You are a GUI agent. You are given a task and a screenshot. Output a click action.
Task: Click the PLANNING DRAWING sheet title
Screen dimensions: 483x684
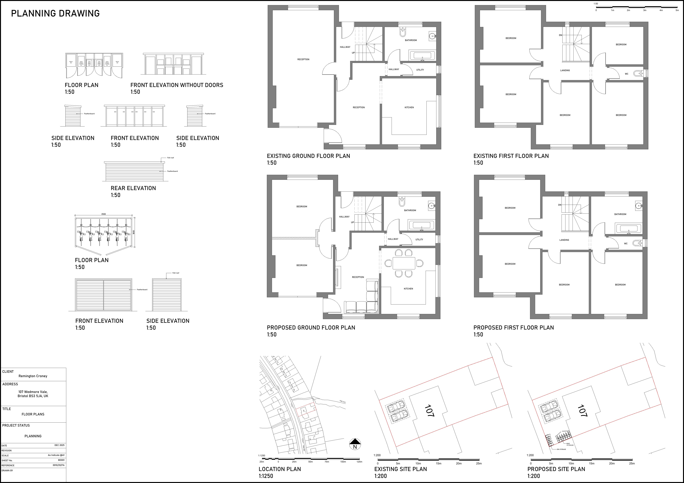(55, 13)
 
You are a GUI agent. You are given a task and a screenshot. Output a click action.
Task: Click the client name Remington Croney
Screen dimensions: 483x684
(33, 376)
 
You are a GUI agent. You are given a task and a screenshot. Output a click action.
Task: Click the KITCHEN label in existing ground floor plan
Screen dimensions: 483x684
(409, 108)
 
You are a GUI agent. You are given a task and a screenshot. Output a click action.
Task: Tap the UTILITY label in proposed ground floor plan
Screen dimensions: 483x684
(419, 239)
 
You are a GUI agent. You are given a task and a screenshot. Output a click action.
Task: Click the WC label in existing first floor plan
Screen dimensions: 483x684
(626, 74)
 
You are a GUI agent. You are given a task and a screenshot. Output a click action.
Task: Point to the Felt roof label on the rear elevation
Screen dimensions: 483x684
(170, 158)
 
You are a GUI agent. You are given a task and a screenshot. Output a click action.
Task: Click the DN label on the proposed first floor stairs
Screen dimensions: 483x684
(560, 205)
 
